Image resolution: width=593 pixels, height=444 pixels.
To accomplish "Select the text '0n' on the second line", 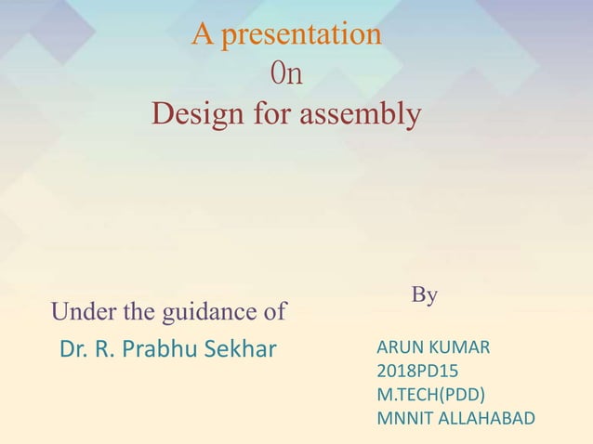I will pyautogui.click(x=285, y=74).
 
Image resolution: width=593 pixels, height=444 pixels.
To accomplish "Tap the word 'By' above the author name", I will pyautogui.click(x=425, y=295).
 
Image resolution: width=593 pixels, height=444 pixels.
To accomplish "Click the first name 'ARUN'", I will pyautogui.click(x=401, y=348).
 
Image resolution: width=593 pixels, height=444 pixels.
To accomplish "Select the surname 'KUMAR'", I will pyautogui.click(x=461, y=348).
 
